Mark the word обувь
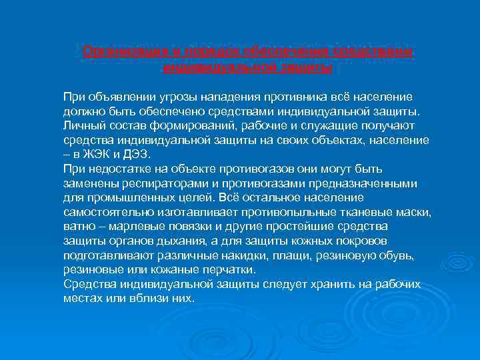(397, 255)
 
